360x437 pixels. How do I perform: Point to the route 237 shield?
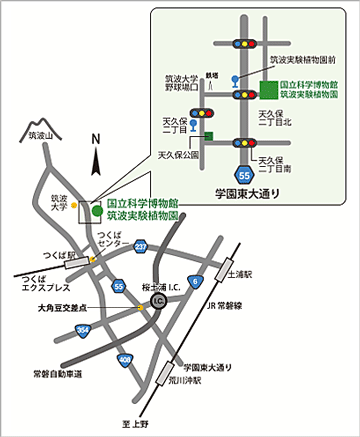click(x=142, y=246)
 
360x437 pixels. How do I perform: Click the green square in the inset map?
click(x=265, y=92)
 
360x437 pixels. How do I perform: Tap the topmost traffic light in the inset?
click(x=244, y=45)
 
